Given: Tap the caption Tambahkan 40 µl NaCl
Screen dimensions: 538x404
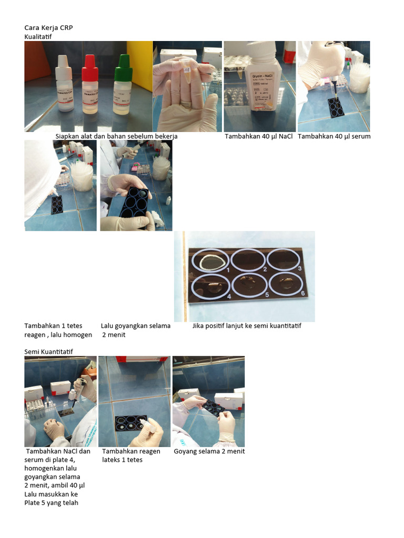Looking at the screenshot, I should tap(258, 137).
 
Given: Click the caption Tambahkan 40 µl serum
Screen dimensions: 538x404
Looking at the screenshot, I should tap(334, 137).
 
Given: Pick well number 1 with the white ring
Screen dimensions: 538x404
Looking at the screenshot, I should tap(211, 260).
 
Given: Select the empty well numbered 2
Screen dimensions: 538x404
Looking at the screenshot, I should tap(248, 260).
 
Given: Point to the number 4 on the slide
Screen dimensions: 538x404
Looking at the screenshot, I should tap(229, 296).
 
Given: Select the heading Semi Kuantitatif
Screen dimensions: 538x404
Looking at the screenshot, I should tap(48, 351).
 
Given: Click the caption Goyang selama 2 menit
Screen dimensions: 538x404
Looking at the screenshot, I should tap(209, 451).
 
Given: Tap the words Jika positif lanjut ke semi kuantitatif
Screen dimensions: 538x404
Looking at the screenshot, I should tap(246, 326).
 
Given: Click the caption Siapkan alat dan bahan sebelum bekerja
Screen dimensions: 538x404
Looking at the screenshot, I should tap(116, 137).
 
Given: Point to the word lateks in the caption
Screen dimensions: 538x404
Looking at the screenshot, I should tap(112, 460).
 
